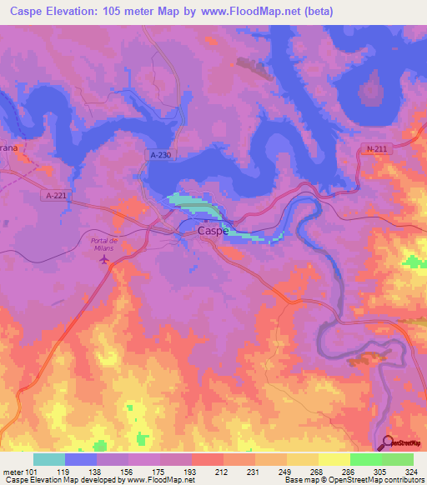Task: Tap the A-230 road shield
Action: (162, 155)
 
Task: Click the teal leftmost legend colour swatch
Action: (49, 459)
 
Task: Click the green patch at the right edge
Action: (414, 261)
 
